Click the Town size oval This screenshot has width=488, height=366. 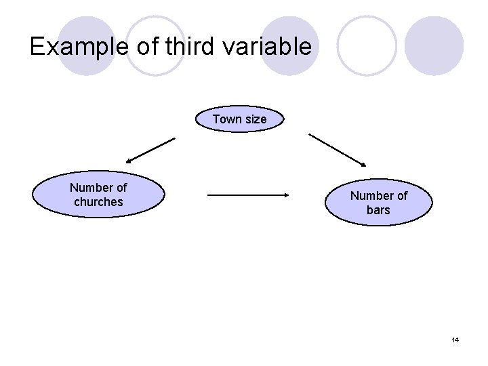pos(240,119)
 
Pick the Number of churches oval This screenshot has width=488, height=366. pos(99,195)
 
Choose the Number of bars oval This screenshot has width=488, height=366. pos(379,203)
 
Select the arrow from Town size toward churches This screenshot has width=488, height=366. pos(150,150)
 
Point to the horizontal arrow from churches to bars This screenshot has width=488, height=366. pos(247,195)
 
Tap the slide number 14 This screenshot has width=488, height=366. pos(455,340)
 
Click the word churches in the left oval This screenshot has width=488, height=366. pos(99,202)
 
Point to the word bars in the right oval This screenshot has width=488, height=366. pos(378,210)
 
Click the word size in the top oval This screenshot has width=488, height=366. pos(256,119)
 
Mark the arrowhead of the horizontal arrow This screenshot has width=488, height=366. pos(285,195)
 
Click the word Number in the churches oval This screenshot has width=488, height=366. pos(89,188)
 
